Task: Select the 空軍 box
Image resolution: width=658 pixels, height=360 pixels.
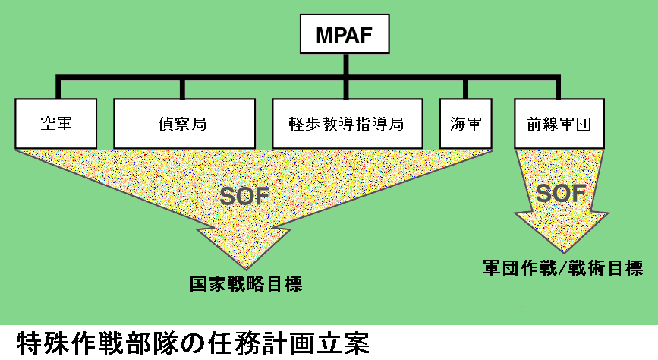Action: pos(56,123)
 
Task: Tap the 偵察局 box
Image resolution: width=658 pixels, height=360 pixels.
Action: pos(184,123)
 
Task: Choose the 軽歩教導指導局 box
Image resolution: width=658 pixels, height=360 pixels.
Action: pos(348,123)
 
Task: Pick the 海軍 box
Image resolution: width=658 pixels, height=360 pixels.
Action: pos(464,123)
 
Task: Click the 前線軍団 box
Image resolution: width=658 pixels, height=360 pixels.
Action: pos(559,123)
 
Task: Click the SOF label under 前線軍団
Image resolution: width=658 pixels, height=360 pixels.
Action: pos(561,194)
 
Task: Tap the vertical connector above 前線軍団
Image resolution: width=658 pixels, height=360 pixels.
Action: pos(559,88)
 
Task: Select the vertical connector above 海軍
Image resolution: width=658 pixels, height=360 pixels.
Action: pos(464,88)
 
